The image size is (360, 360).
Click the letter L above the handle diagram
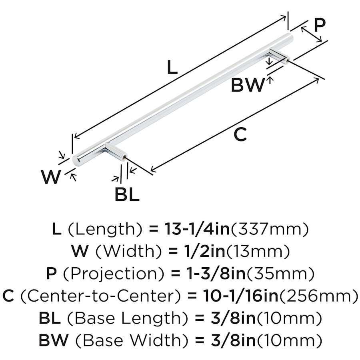coord(172,68)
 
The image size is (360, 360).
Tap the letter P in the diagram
coord(319,25)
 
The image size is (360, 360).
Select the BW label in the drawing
coord(248,85)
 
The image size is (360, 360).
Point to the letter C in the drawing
coord(240,135)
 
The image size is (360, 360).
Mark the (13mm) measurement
coord(258,251)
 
